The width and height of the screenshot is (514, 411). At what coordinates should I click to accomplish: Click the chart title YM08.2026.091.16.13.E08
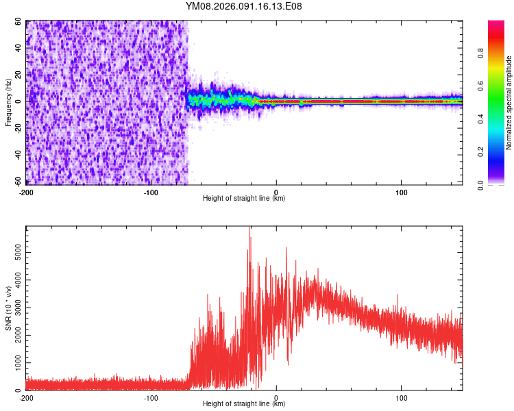[x=244, y=6]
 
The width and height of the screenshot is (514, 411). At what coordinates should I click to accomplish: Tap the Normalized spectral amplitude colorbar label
[x=509, y=103]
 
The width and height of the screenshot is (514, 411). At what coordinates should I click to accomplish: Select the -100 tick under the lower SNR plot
[x=151, y=398]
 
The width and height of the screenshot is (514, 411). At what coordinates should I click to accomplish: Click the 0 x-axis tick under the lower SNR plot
[x=276, y=398]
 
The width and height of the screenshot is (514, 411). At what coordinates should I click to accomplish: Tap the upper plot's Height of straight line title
[x=244, y=199]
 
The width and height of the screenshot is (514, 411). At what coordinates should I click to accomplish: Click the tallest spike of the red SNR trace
[x=249, y=229]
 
